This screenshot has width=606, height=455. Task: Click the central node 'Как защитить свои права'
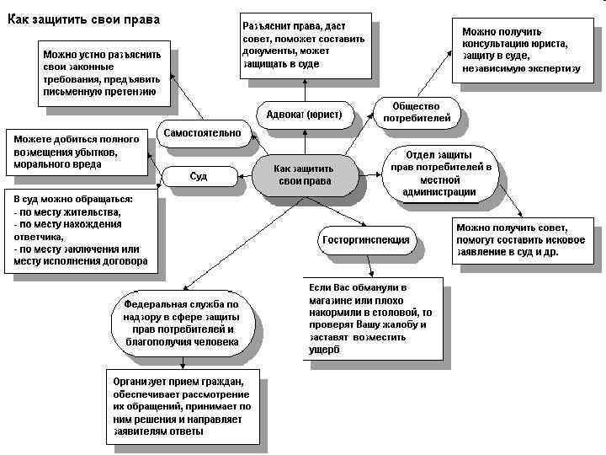304,175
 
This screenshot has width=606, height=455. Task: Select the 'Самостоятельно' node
201,133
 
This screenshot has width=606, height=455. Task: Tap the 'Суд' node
199,176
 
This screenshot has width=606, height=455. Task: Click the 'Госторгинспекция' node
366,239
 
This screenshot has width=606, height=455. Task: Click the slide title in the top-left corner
85,18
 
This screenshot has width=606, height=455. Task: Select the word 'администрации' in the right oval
439,192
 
